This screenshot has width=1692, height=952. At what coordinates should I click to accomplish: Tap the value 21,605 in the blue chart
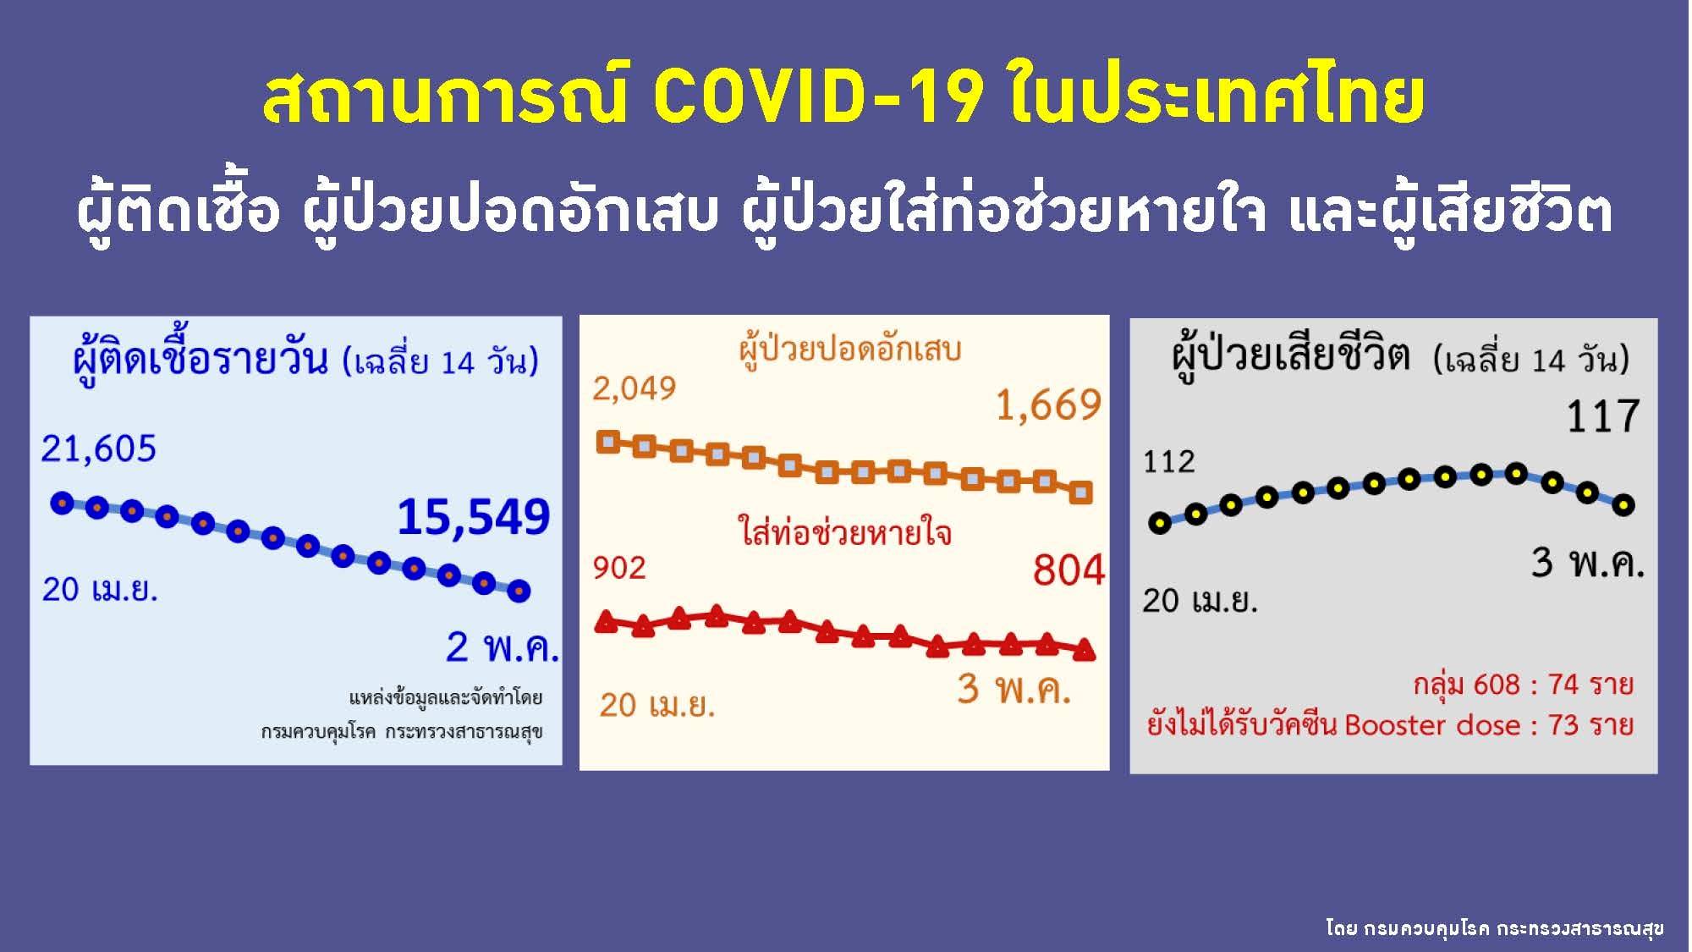pos(99,448)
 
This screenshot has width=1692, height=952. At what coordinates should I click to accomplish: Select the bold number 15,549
pos(474,517)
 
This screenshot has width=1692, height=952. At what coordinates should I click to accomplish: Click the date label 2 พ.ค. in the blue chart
pos(502,647)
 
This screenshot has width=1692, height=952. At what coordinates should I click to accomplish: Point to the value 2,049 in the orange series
pos(634,389)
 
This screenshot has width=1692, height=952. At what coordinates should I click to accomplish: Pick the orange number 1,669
pos(1048,405)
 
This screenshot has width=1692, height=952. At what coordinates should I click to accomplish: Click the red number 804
pos(1068,570)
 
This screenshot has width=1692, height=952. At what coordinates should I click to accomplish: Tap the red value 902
pos(619,568)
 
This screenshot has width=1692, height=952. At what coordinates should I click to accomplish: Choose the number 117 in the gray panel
pos(1603,416)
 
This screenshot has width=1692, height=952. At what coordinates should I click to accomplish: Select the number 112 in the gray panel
pos(1169,462)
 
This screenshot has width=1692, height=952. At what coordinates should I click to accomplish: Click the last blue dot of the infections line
pos(519,591)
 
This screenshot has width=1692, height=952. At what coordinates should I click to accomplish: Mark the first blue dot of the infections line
pos(62,503)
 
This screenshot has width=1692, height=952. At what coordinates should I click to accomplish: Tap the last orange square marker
pos(1081,493)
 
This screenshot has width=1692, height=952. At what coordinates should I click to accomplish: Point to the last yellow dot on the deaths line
pos(1623,505)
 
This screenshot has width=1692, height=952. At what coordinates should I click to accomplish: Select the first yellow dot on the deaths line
pos(1160,523)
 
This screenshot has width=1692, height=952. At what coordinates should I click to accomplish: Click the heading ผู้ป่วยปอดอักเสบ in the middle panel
pos(849,350)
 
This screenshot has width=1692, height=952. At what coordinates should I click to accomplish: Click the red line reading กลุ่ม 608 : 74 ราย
pos(1523,685)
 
